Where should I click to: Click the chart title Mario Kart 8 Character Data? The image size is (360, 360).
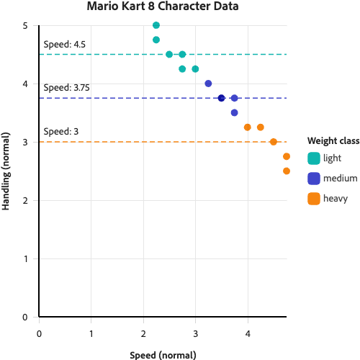click(x=162, y=7)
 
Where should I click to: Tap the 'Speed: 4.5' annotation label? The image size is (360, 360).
click(x=64, y=45)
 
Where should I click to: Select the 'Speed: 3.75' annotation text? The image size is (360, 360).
click(x=66, y=88)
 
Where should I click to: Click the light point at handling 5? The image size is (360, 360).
click(x=156, y=25)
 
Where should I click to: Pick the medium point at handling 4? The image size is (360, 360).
click(x=208, y=84)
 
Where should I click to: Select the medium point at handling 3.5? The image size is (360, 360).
click(x=234, y=112)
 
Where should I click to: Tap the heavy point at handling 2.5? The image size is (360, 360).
click(x=287, y=171)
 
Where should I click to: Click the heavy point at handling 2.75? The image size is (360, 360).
click(x=287, y=156)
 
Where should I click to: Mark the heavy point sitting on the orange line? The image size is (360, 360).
click(x=274, y=142)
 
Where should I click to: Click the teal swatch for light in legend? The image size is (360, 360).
click(x=313, y=158)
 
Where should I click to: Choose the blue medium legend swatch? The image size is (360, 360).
click(x=313, y=178)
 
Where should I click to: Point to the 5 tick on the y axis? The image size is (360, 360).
click(x=24, y=25)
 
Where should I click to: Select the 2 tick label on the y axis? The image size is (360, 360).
click(x=24, y=200)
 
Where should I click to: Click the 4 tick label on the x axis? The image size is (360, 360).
click(x=248, y=334)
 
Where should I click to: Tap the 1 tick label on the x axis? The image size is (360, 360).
click(x=91, y=334)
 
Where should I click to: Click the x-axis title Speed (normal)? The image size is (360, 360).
click(x=162, y=355)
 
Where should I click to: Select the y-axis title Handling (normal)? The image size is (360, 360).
click(x=6, y=171)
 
